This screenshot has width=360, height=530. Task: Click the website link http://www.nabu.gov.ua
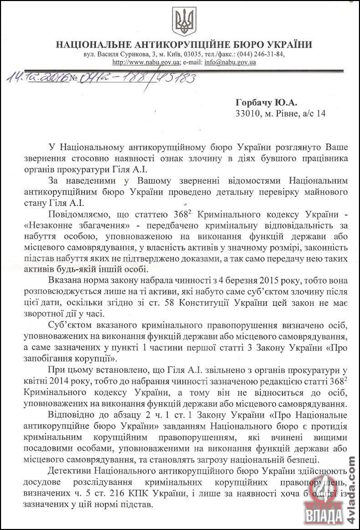pyautogui.click(x=146, y=62)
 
